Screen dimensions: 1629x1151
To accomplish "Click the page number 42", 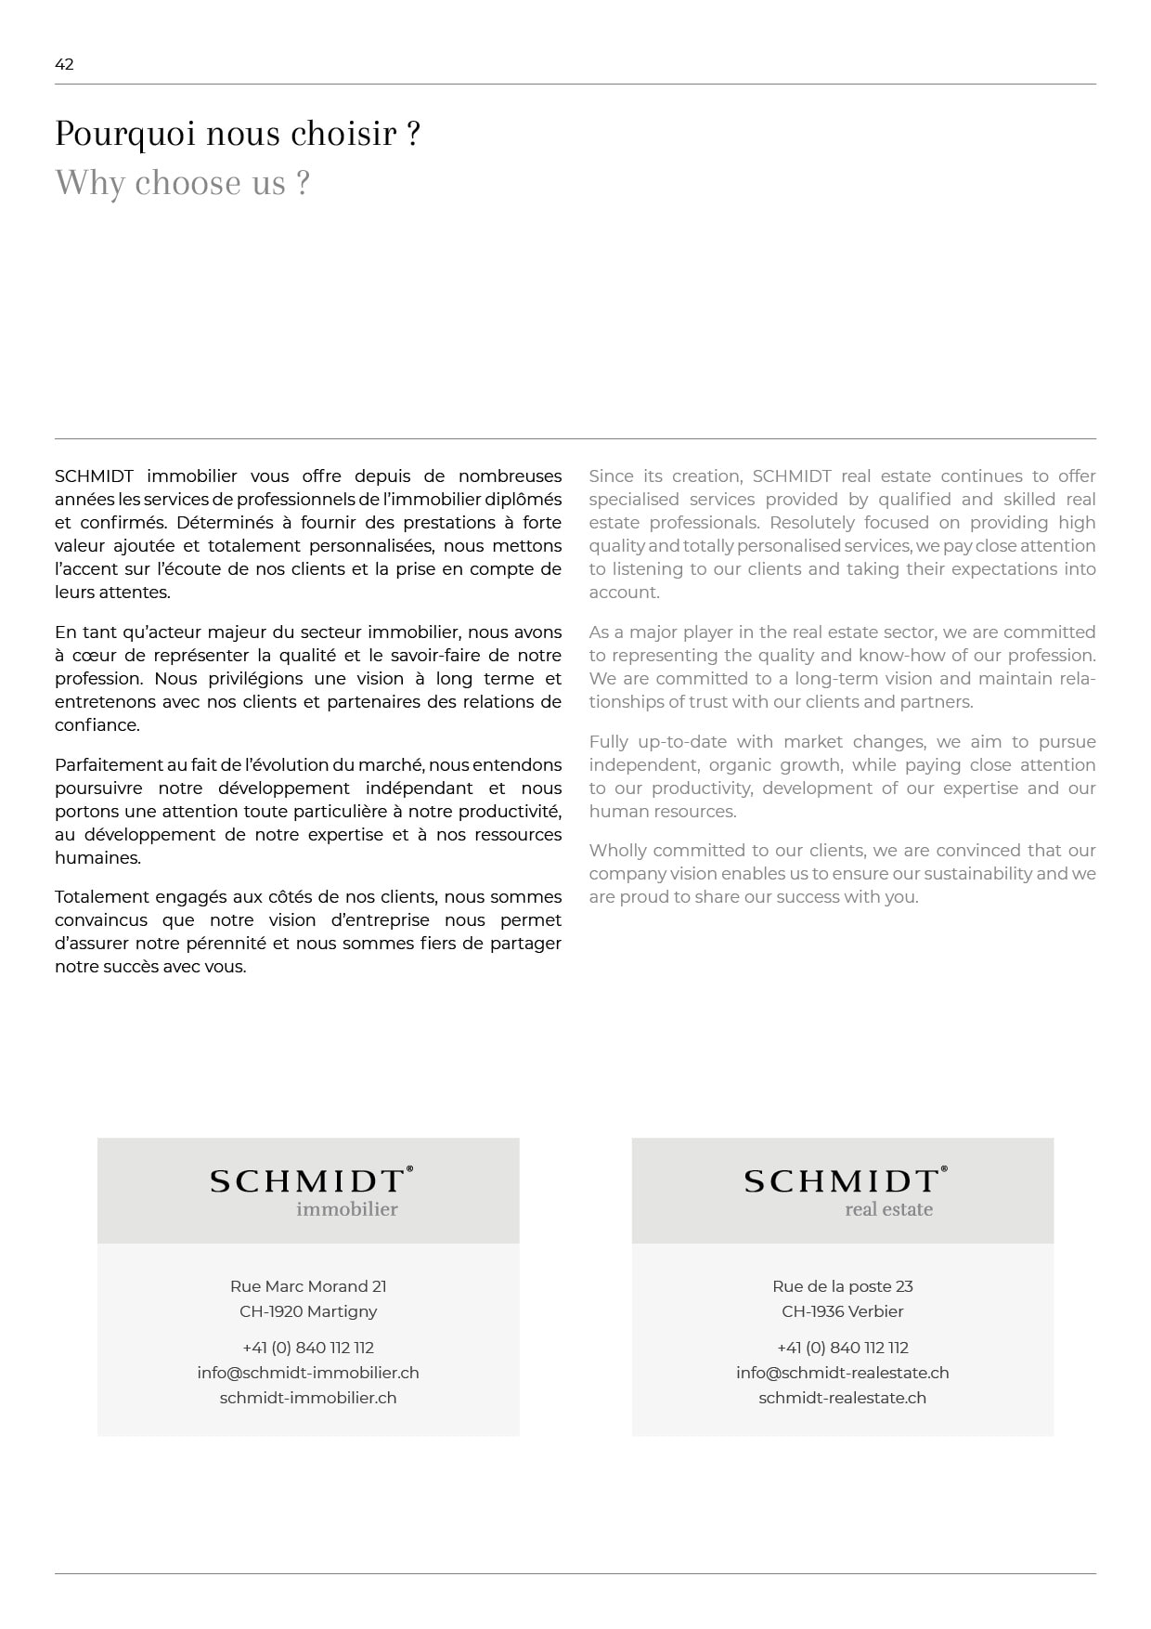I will click(x=64, y=64).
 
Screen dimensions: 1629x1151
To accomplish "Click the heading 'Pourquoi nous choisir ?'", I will click(x=238, y=134).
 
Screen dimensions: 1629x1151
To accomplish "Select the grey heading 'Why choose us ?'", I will click(x=182, y=183).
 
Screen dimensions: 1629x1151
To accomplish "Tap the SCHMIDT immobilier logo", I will click(x=310, y=1191).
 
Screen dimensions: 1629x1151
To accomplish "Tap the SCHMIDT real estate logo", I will click(x=845, y=1191).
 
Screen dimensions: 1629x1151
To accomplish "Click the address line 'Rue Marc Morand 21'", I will click(x=308, y=1286).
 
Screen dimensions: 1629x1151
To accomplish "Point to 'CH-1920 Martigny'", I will click(x=308, y=1311).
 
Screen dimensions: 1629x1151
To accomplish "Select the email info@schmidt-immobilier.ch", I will click(x=308, y=1373).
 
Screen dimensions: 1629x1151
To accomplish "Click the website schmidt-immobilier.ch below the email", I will click(x=308, y=1398).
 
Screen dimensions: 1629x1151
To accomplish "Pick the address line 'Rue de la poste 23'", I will click(x=843, y=1286).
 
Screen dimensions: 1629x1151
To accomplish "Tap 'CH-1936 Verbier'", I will click(x=843, y=1311).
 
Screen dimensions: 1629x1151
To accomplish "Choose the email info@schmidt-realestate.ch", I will click(x=843, y=1373).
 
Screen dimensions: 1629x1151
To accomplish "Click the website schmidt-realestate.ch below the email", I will click(x=843, y=1398).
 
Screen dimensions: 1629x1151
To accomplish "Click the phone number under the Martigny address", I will click(x=308, y=1348).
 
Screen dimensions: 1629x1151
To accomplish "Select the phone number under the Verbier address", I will click(x=843, y=1348).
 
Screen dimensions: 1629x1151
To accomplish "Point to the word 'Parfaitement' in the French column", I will click(x=109, y=765).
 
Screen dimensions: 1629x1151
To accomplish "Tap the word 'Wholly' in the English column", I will click(x=618, y=851).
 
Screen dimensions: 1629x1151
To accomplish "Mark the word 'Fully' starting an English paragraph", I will click(x=608, y=742).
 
